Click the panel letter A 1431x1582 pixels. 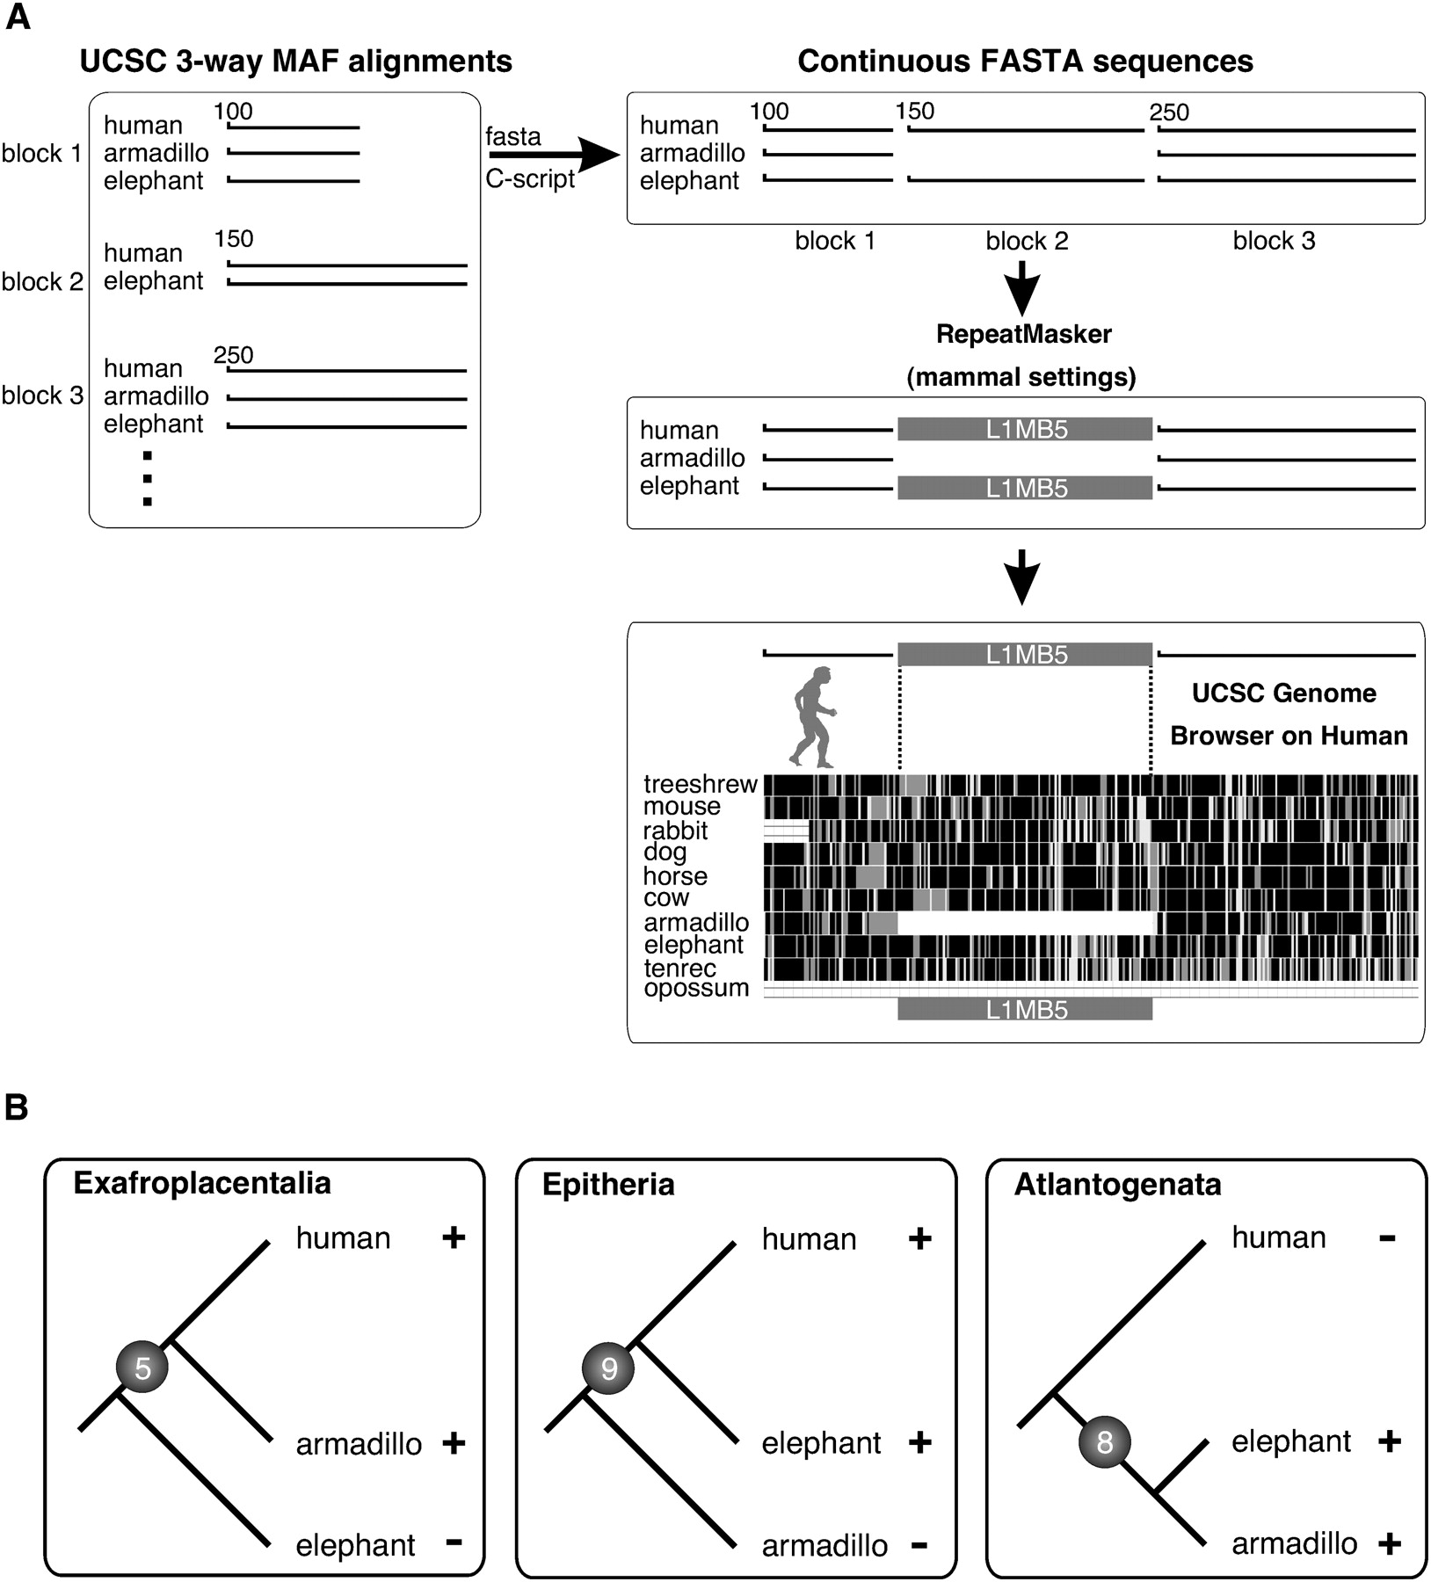pos(18,18)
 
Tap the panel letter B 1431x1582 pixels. pos(17,1107)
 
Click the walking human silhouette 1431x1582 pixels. pos(810,716)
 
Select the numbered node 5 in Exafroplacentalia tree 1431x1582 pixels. pos(142,1368)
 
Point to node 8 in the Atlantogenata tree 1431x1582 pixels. pos(1105,1442)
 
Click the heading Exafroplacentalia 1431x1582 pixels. pos(202,1183)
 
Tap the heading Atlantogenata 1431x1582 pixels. pos(1117,1185)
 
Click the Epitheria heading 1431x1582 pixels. pos(608,1185)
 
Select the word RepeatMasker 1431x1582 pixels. pos(1023,335)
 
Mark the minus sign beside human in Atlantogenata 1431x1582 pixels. pos(1387,1238)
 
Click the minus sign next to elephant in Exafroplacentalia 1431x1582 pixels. pos(454,1541)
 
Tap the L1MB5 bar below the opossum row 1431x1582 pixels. pos(1025,1010)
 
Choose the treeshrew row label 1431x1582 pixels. pos(700,784)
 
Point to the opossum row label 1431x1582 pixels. pos(696,988)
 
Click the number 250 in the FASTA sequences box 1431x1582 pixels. pos(1169,112)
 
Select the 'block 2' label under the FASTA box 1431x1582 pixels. pos(1027,242)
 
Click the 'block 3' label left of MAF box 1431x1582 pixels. pos(42,395)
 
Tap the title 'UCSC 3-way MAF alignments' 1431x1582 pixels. pos(295,62)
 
